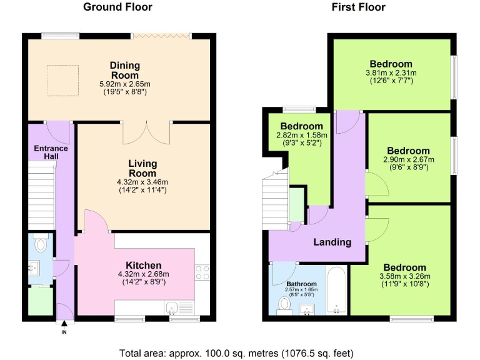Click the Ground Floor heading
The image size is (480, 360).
click(118, 7)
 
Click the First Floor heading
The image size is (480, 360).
click(359, 7)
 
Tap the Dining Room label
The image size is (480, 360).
click(124, 69)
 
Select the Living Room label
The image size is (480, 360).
click(142, 168)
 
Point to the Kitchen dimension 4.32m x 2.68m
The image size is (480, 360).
click(143, 274)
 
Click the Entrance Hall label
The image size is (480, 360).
click(51, 152)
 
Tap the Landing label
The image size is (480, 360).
click(332, 242)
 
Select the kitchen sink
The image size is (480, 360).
click(173, 306)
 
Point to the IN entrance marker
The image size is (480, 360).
click(63, 331)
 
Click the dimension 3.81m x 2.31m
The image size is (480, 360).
click(391, 72)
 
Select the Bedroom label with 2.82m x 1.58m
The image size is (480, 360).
click(301, 127)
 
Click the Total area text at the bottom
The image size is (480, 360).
click(239, 352)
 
